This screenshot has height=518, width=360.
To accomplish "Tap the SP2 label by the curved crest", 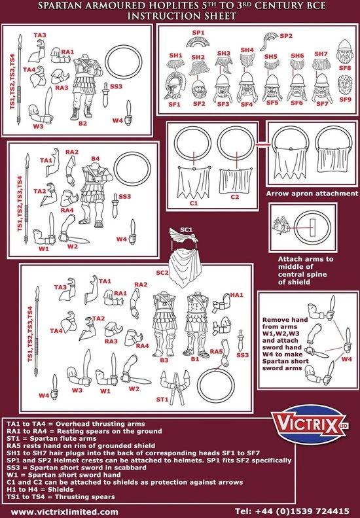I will click(286, 37).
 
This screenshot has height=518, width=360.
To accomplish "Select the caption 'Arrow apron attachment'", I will click(312, 194).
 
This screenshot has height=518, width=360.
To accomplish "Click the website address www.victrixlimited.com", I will click(65, 511).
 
